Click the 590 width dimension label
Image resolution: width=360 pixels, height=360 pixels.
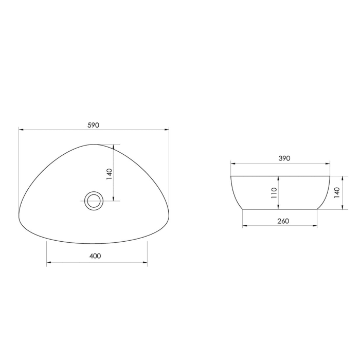pos(93,125)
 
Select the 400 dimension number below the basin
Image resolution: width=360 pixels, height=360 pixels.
pos(95,256)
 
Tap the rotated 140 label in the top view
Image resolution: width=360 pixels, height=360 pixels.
pos(109,173)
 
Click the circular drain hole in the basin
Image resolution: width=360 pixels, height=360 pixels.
pos(94,200)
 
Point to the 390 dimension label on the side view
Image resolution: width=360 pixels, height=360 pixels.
pos(284,158)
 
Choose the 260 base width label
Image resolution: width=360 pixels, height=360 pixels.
pos(283,221)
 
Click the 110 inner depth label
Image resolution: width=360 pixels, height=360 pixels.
pos(274,193)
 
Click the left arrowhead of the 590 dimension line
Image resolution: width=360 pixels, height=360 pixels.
pos(21,130)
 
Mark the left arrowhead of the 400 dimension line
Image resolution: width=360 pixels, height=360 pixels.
pos(49,263)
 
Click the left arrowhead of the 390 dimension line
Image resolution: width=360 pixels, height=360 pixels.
pos(232,164)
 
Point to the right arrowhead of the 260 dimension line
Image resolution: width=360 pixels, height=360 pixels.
pos(315,226)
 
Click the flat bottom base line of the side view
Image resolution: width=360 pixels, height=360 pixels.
pos(280,209)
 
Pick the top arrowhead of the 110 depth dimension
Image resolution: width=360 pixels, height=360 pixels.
pos(278,178)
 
